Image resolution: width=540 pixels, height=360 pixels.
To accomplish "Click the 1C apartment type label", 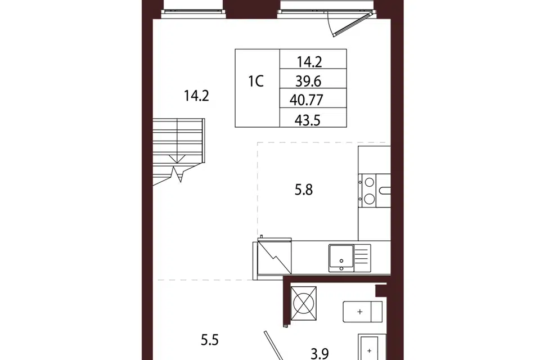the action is [256, 82].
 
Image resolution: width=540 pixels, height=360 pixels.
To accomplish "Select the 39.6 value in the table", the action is [308, 82].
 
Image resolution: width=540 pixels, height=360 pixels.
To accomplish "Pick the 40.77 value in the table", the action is [306, 100].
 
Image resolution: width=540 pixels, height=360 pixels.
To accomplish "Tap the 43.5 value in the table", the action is [308, 120].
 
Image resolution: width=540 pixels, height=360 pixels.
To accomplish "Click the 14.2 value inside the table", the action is [309, 62].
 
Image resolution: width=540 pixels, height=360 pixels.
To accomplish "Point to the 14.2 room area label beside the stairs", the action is [196, 96].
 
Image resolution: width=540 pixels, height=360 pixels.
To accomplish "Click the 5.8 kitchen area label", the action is [303, 190].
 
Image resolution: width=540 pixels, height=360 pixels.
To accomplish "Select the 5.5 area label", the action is [210, 340].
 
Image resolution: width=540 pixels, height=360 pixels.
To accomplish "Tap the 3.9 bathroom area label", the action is [319, 353].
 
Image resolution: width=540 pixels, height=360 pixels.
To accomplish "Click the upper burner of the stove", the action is [370, 182].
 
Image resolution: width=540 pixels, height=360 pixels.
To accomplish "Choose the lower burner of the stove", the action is [370, 199].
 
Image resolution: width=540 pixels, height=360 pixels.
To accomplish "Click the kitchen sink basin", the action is [341, 256].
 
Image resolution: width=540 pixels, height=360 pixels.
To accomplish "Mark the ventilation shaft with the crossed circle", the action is [303, 303].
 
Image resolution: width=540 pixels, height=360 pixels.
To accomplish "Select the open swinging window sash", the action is [353, 24].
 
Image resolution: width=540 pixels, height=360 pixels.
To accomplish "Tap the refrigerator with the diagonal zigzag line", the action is [274, 256].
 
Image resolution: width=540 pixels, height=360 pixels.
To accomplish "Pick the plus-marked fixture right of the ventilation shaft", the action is [363, 312].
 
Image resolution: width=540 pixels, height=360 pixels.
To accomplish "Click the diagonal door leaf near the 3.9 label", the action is [273, 345].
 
